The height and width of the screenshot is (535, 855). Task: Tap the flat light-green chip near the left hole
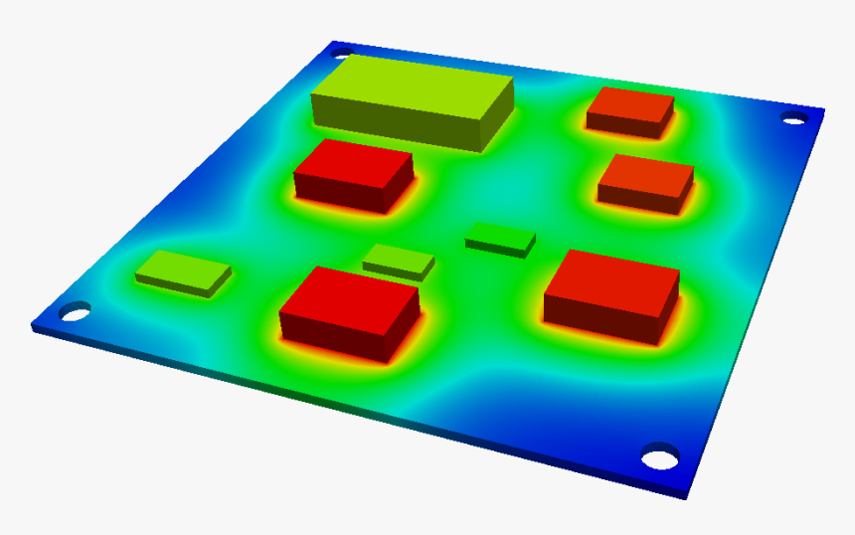point(184,269)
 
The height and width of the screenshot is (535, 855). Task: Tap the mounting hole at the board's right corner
point(793,119)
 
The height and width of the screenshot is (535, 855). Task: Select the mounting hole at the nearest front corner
point(658,458)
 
